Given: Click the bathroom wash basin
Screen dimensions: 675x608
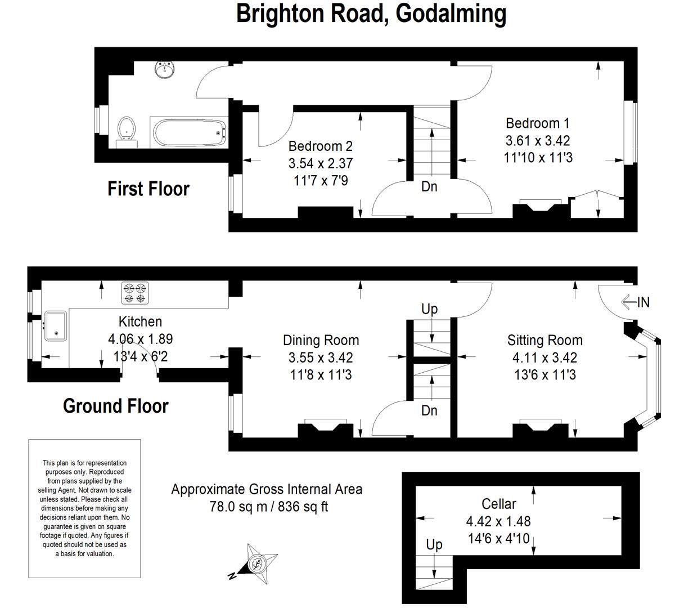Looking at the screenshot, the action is (165, 70).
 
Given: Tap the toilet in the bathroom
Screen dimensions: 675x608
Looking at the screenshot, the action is (127, 132).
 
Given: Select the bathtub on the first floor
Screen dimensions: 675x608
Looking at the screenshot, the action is (189, 133).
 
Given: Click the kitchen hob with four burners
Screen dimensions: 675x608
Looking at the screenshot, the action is (134, 292).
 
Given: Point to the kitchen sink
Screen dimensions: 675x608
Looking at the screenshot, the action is (56, 326).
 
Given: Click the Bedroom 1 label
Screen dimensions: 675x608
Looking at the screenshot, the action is (537, 123).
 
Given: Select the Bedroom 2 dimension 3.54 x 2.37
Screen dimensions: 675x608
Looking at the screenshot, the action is (320, 163).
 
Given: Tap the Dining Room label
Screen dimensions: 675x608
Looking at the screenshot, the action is (321, 340).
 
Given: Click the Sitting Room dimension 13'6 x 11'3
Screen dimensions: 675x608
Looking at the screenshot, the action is (544, 374).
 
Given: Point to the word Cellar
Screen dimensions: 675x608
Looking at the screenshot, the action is (499, 504).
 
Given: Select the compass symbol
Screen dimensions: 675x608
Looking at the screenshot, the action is (254, 564).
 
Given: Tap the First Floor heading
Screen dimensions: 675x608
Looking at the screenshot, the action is (148, 189).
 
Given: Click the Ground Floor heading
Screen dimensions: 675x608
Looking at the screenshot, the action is (115, 406).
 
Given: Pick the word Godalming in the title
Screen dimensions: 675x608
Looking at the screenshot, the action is (451, 14).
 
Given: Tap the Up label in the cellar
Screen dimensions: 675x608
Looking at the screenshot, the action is (434, 545).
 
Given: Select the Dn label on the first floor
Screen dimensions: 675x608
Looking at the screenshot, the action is (429, 186).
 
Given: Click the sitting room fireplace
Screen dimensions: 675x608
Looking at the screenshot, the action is (541, 428).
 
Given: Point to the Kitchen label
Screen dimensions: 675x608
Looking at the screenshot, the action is (140, 321).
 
